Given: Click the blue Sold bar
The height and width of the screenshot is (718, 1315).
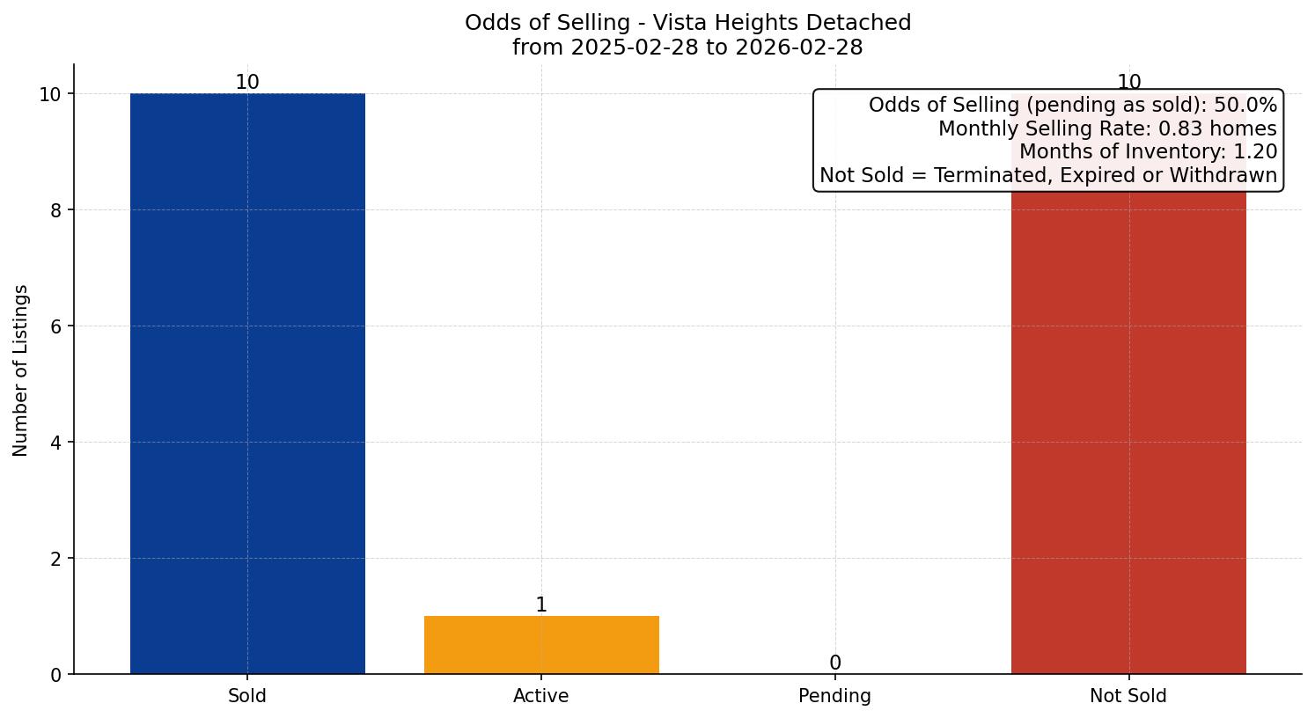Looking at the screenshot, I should pos(247,384).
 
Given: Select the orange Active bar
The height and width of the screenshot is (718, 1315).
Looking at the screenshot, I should pos(541,645).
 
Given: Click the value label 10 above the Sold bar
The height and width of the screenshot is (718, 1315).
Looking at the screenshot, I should pos(247,83).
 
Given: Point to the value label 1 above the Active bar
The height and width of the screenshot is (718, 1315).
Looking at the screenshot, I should pos(541,605).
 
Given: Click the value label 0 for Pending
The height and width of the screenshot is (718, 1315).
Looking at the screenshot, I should pos(834,663).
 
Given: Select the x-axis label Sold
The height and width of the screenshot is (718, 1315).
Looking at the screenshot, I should pos(247,696).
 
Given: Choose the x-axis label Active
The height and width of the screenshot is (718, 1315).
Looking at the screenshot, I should pos(541,696).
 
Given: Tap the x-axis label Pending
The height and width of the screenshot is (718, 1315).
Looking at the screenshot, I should pos(834,696).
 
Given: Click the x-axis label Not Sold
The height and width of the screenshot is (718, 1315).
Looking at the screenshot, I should pos(1128,696).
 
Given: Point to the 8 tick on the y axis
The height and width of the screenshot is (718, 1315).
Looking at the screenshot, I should pos(55,210).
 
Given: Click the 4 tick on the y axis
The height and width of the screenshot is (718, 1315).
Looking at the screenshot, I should pos(55,443).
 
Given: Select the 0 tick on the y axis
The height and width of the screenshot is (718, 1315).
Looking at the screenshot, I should pos(55,675).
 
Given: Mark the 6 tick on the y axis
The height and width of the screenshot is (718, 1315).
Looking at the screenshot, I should pos(55,326).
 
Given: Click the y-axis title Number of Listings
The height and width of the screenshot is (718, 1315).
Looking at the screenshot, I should pos(21,370).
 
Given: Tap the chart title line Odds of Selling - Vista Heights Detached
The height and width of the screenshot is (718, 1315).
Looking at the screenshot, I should pos(687,23).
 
